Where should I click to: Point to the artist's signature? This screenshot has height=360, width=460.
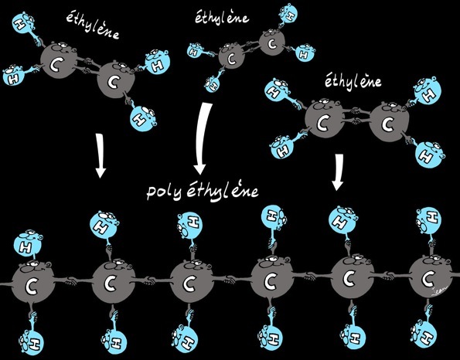(x=439, y=292)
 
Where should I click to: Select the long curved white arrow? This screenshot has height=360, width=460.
(x=203, y=138)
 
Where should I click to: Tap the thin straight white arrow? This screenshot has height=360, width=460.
(x=101, y=156)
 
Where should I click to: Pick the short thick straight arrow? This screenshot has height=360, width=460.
(x=338, y=172)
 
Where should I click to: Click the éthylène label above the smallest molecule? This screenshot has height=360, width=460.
(x=222, y=18)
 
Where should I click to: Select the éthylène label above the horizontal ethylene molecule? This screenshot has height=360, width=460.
(x=353, y=81)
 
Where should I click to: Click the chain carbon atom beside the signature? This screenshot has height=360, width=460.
(x=430, y=277)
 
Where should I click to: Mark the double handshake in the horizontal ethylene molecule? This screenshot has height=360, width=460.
(x=356, y=116)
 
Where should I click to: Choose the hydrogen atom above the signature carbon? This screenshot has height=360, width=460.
(x=429, y=221)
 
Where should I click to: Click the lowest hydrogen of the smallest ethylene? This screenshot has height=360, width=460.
(x=212, y=84)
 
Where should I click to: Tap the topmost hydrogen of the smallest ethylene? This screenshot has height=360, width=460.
(x=288, y=13)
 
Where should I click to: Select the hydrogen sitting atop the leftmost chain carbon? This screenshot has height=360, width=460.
(x=27, y=244)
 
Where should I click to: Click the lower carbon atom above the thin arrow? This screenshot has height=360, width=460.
(x=115, y=80)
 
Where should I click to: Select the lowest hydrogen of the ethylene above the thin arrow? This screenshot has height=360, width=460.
(x=142, y=118)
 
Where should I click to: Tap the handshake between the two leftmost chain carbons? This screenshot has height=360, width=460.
(x=70, y=281)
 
